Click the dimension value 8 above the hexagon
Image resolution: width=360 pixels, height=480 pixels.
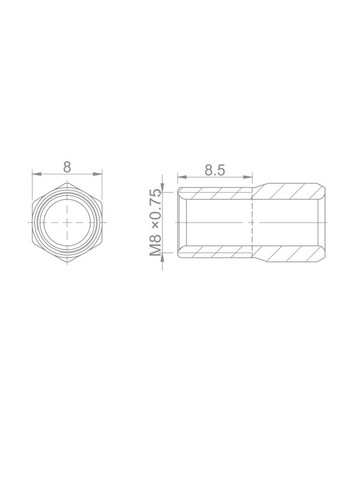click(x=67, y=167)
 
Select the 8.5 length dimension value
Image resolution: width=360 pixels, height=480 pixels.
click(x=215, y=170)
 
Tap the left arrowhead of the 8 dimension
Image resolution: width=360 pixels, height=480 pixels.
click(x=37, y=174)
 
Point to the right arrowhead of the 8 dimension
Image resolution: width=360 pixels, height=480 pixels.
click(x=98, y=174)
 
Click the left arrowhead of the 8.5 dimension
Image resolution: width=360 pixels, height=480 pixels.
click(x=182, y=176)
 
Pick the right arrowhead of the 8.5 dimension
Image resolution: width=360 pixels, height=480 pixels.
click(x=248, y=176)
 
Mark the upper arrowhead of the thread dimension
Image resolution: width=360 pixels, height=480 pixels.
click(x=163, y=187)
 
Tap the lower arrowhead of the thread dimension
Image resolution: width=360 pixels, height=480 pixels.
click(x=163, y=257)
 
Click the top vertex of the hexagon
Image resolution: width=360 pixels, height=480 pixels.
click(x=67, y=184)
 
